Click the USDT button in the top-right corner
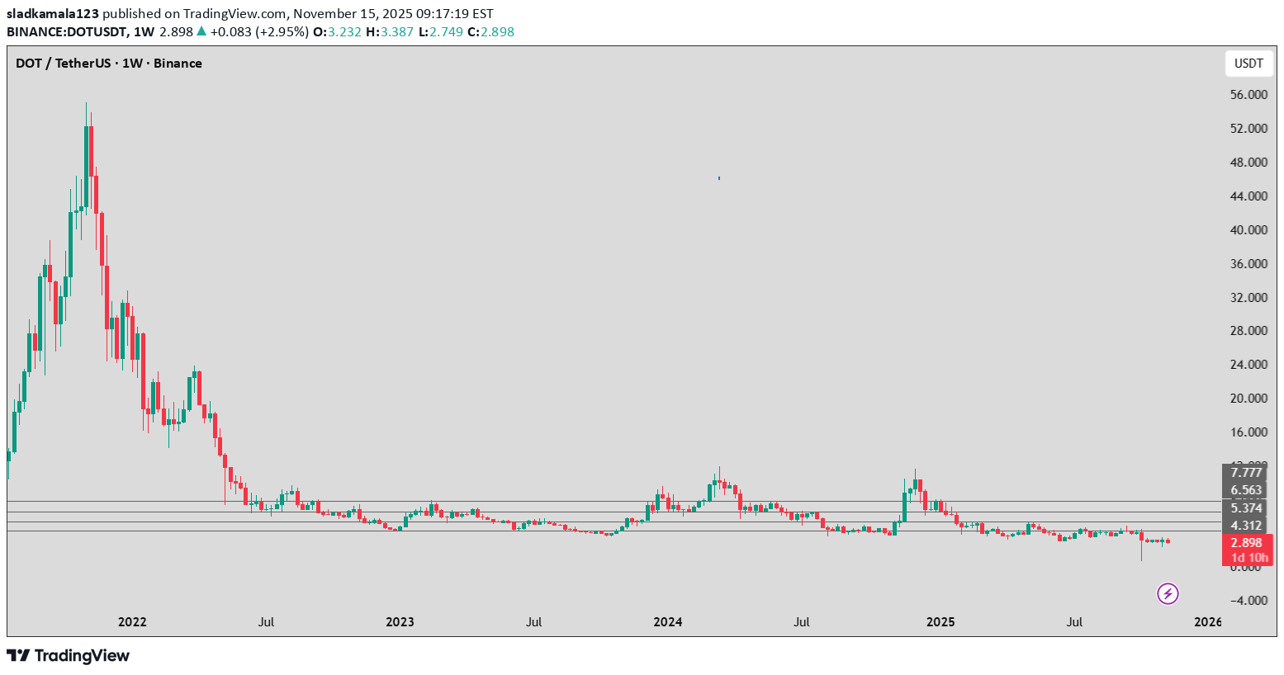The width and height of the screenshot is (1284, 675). (1248, 64)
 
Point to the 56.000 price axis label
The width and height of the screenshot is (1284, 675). (1248, 95)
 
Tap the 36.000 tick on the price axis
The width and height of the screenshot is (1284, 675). (1248, 264)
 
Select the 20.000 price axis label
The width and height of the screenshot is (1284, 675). (1248, 399)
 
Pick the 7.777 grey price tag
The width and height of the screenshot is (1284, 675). (1246, 472)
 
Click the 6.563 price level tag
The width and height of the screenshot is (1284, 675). (1246, 490)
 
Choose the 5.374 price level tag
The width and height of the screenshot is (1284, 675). (1246, 508)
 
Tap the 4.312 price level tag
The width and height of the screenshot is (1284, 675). (1246, 526)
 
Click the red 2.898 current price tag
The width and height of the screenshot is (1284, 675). (1247, 543)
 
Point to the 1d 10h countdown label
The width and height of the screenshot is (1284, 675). (1248, 558)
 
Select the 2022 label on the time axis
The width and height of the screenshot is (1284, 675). (132, 622)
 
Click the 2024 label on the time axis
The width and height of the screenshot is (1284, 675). (667, 622)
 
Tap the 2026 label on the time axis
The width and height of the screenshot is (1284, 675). (1207, 622)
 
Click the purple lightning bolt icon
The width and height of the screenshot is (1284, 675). (1168, 593)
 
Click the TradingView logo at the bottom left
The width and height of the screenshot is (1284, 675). (69, 656)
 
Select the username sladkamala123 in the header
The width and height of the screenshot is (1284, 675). (53, 14)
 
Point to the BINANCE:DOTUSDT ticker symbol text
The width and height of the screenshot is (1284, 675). (65, 32)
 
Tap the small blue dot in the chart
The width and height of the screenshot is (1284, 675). (719, 177)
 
